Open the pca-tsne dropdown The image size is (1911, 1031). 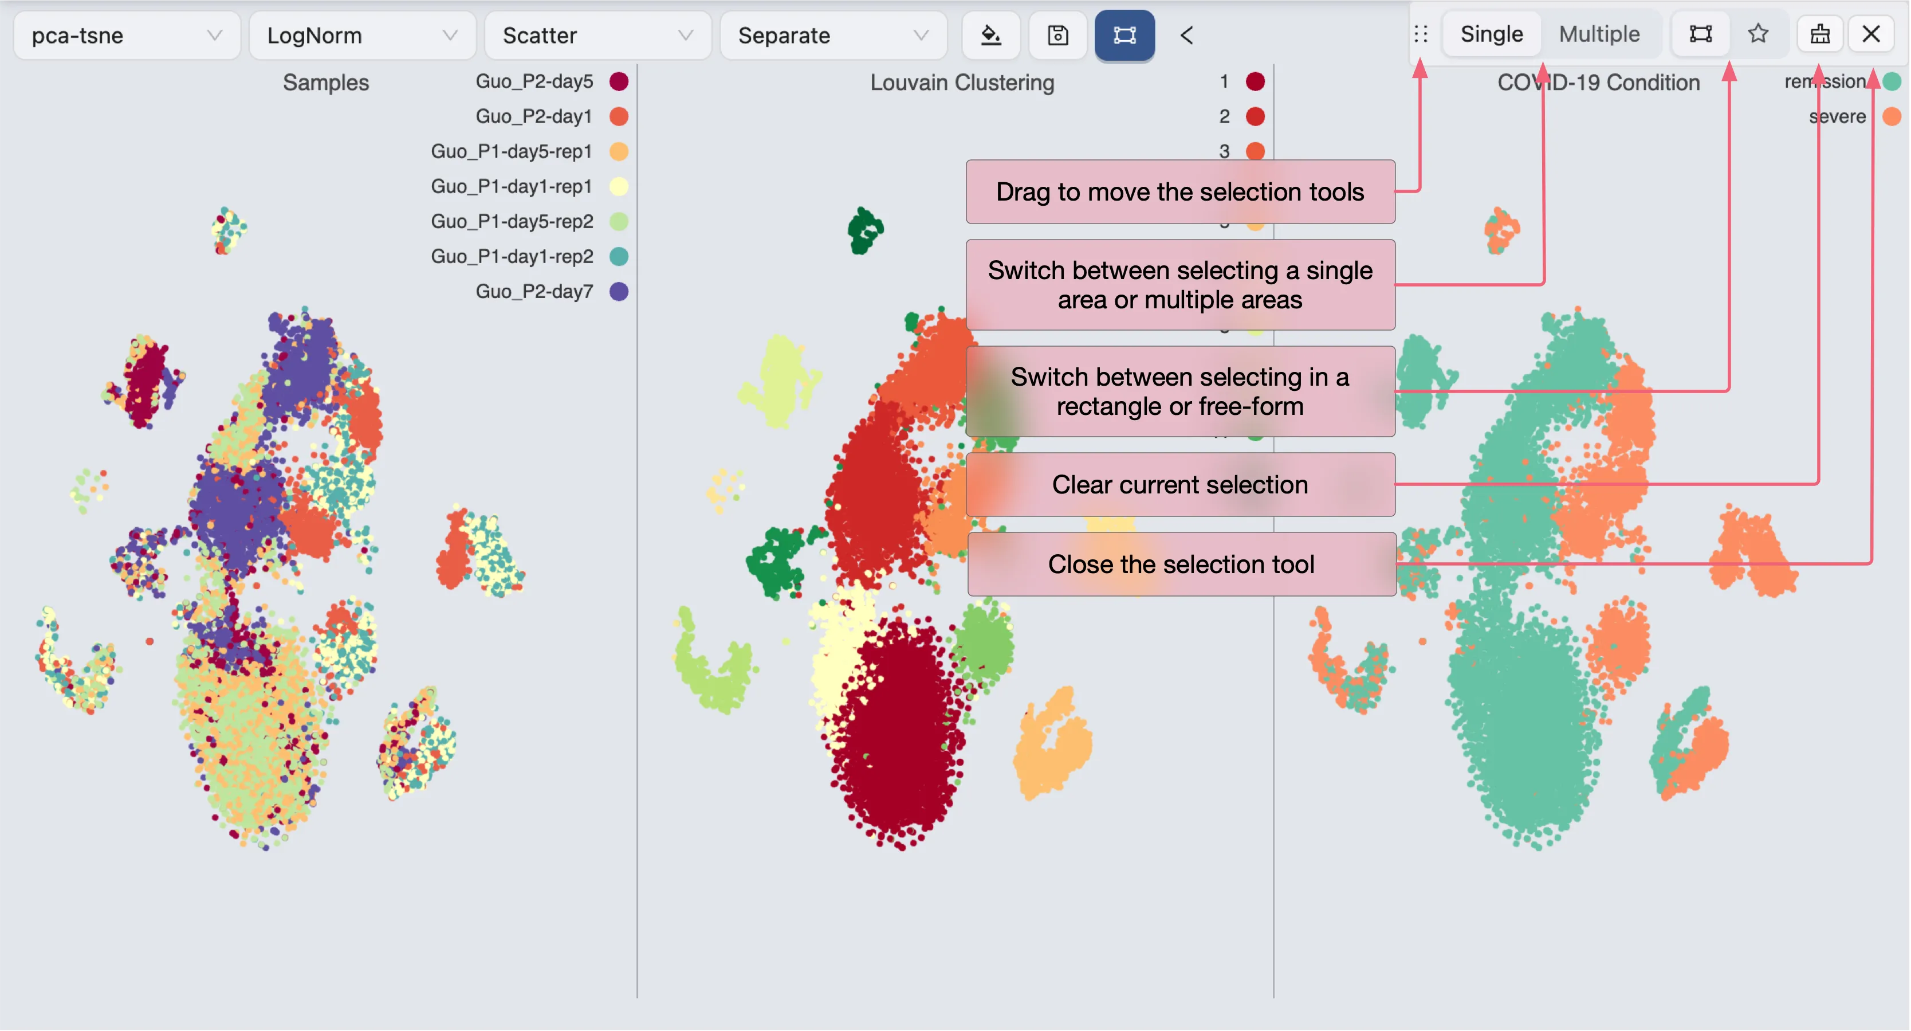coord(126,35)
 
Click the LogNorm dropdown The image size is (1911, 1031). coord(361,35)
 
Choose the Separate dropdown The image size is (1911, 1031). coord(832,35)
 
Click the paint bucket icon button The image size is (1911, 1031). coord(990,35)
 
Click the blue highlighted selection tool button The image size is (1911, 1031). coord(1124,35)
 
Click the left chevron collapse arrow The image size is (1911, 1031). coord(1186,35)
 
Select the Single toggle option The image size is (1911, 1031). coord(1491,34)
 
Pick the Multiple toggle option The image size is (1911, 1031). coord(1599,34)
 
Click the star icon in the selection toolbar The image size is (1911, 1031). coord(1758,34)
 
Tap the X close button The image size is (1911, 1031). coord(1871,34)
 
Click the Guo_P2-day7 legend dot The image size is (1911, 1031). coord(619,292)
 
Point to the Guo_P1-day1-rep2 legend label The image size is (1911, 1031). coord(512,257)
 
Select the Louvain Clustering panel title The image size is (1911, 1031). coord(961,83)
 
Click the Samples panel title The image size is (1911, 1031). coord(326,83)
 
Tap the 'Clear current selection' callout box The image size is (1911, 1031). coord(1179,485)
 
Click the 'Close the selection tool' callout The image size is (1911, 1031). coord(1181,564)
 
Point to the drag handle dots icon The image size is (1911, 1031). coord(1421,34)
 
